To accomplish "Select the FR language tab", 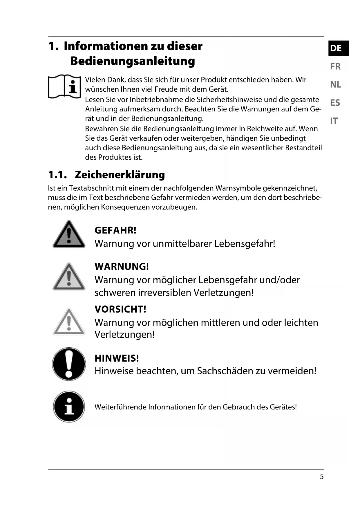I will tap(335, 66).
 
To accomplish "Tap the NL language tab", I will tap(336, 84).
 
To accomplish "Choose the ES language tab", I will tap(335, 103).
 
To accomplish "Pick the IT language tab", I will tap(334, 121).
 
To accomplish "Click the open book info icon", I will tap(64, 87).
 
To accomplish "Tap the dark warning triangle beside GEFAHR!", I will tap(69, 235).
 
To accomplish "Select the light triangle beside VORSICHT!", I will tap(69, 322).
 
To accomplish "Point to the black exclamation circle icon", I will tap(69, 364).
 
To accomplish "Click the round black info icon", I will tap(69, 406).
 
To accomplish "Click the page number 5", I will tap(321, 477).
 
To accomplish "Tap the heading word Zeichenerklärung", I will tap(120, 175).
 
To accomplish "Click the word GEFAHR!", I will tap(115, 230).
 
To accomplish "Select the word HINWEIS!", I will tap(117, 358).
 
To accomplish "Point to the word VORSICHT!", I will tap(120, 309).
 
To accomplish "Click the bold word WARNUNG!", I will tap(122, 266).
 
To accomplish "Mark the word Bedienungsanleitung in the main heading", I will tap(132, 61).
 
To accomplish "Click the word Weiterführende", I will tap(120, 407).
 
